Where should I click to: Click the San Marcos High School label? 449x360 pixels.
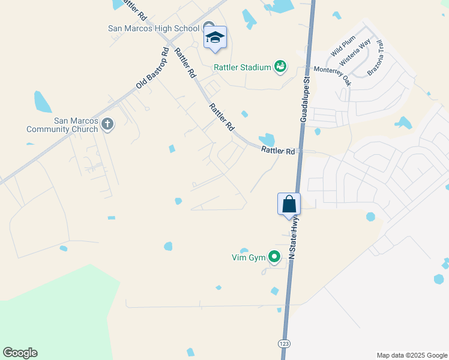coord(154,28)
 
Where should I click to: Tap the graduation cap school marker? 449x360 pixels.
coord(215,38)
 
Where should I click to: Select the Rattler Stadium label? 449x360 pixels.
coord(243,67)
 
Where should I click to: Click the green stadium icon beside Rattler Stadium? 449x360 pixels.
coord(280,67)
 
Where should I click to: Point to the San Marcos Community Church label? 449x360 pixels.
coord(62,125)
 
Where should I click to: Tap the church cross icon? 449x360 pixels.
coord(107,124)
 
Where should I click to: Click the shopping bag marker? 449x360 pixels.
coord(289,204)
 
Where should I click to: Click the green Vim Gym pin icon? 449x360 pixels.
coord(274,257)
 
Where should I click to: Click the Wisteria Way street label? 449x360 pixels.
coord(355,52)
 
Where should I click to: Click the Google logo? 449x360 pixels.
coord(20,353)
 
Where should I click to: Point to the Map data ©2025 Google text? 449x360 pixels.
coord(411,355)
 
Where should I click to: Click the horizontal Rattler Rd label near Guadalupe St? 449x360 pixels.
coord(278,151)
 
